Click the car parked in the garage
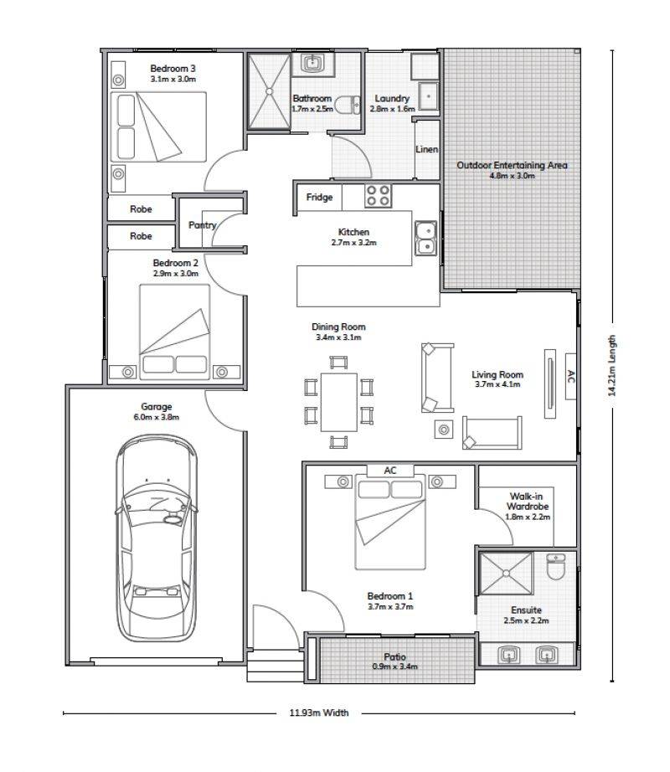(x=157, y=538)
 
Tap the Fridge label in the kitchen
(x=319, y=197)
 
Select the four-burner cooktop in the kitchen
(x=378, y=196)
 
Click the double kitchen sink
(x=425, y=238)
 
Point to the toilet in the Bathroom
(x=348, y=105)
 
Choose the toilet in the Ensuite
(x=556, y=567)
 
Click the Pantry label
(x=203, y=225)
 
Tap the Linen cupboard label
(x=426, y=149)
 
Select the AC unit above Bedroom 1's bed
(x=390, y=471)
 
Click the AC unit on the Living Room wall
(x=570, y=376)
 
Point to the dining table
(x=338, y=402)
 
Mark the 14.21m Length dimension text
(x=612, y=365)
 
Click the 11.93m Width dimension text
(x=319, y=713)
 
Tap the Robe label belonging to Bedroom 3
(x=141, y=208)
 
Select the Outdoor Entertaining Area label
(x=512, y=165)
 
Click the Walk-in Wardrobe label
(x=528, y=502)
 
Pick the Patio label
(x=394, y=656)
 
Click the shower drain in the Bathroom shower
(x=270, y=91)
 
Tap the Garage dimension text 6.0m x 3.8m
(x=156, y=417)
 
